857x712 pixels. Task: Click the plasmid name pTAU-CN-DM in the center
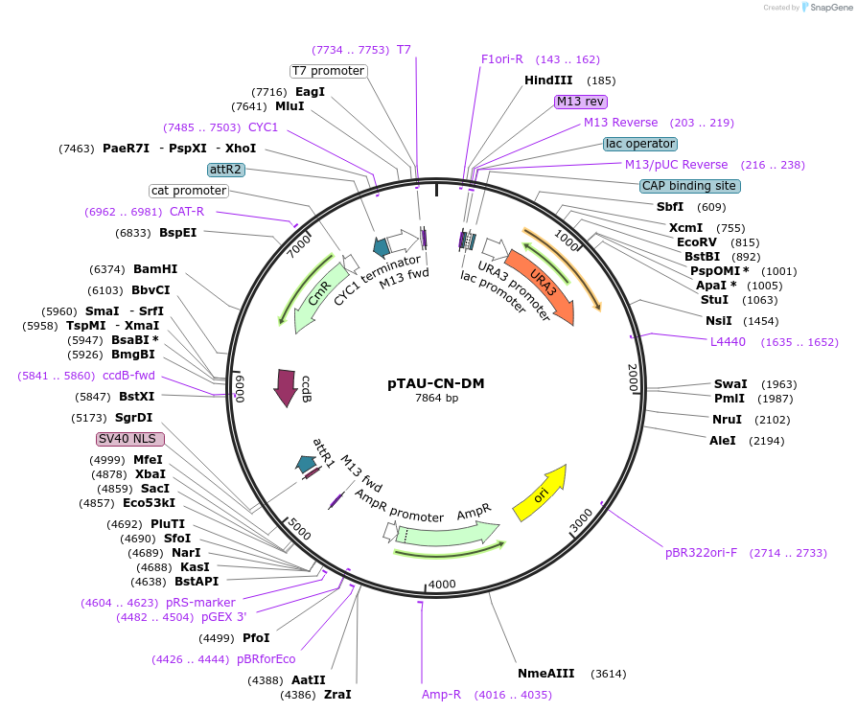pyautogui.click(x=436, y=383)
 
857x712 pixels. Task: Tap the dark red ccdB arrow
pyautogui.click(x=286, y=387)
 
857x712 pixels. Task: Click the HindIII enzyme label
pyautogui.click(x=548, y=80)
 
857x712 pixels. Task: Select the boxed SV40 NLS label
pyautogui.click(x=130, y=439)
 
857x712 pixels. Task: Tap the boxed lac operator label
pyautogui.click(x=639, y=144)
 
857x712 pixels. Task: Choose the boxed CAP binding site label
pyautogui.click(x=689, y=186)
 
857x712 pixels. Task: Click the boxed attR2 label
pyautogui.click(x=226, y=170)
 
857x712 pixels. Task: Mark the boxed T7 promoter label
pyautogui.click(x=329, y=71)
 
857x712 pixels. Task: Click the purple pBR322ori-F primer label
pyautogui.click(x=701, y=553)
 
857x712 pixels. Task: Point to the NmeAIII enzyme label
pyautogui.click(x=545, y=674)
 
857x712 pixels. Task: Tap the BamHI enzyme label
pyautogui.click(x=155, y=269)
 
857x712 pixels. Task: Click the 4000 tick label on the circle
pyautogui.click(x=442, y=585)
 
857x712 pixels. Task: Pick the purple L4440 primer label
pyautogui.click(x=727, y=341)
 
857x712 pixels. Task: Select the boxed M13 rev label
pyautogui.click(x=581, y=102)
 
